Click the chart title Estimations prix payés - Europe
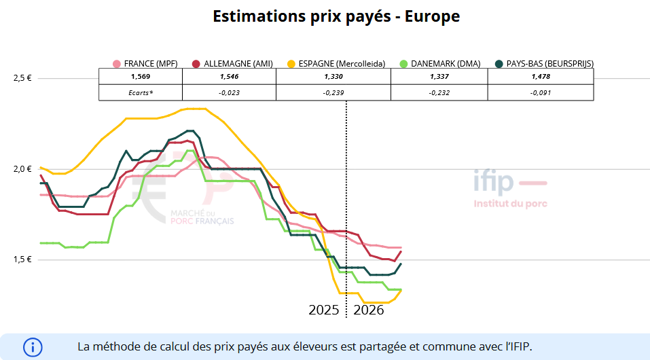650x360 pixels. (x=336, y=17)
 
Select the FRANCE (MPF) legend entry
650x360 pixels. (x=146, y=64)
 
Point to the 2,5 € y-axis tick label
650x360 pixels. (x=22, y=78)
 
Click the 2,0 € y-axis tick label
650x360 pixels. (x=22, y=169)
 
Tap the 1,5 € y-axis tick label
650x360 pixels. (x=22, y=260)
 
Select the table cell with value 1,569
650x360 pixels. (x=141, y=76)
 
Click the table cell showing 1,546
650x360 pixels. (x=229, y=76)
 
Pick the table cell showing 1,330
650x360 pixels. (x=333, y=76)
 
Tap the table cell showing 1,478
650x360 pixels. (x=541, y=76)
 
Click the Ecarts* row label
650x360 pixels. (x=141, y=92)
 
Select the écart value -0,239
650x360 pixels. (x=333, y=92)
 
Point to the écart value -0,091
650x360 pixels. (x=541, y=92)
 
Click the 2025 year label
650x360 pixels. (x=324, y=310)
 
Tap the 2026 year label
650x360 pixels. (x=369, y=310)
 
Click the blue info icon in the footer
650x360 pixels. (x=33, y=347)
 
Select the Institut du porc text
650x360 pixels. (x=510, y=203)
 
